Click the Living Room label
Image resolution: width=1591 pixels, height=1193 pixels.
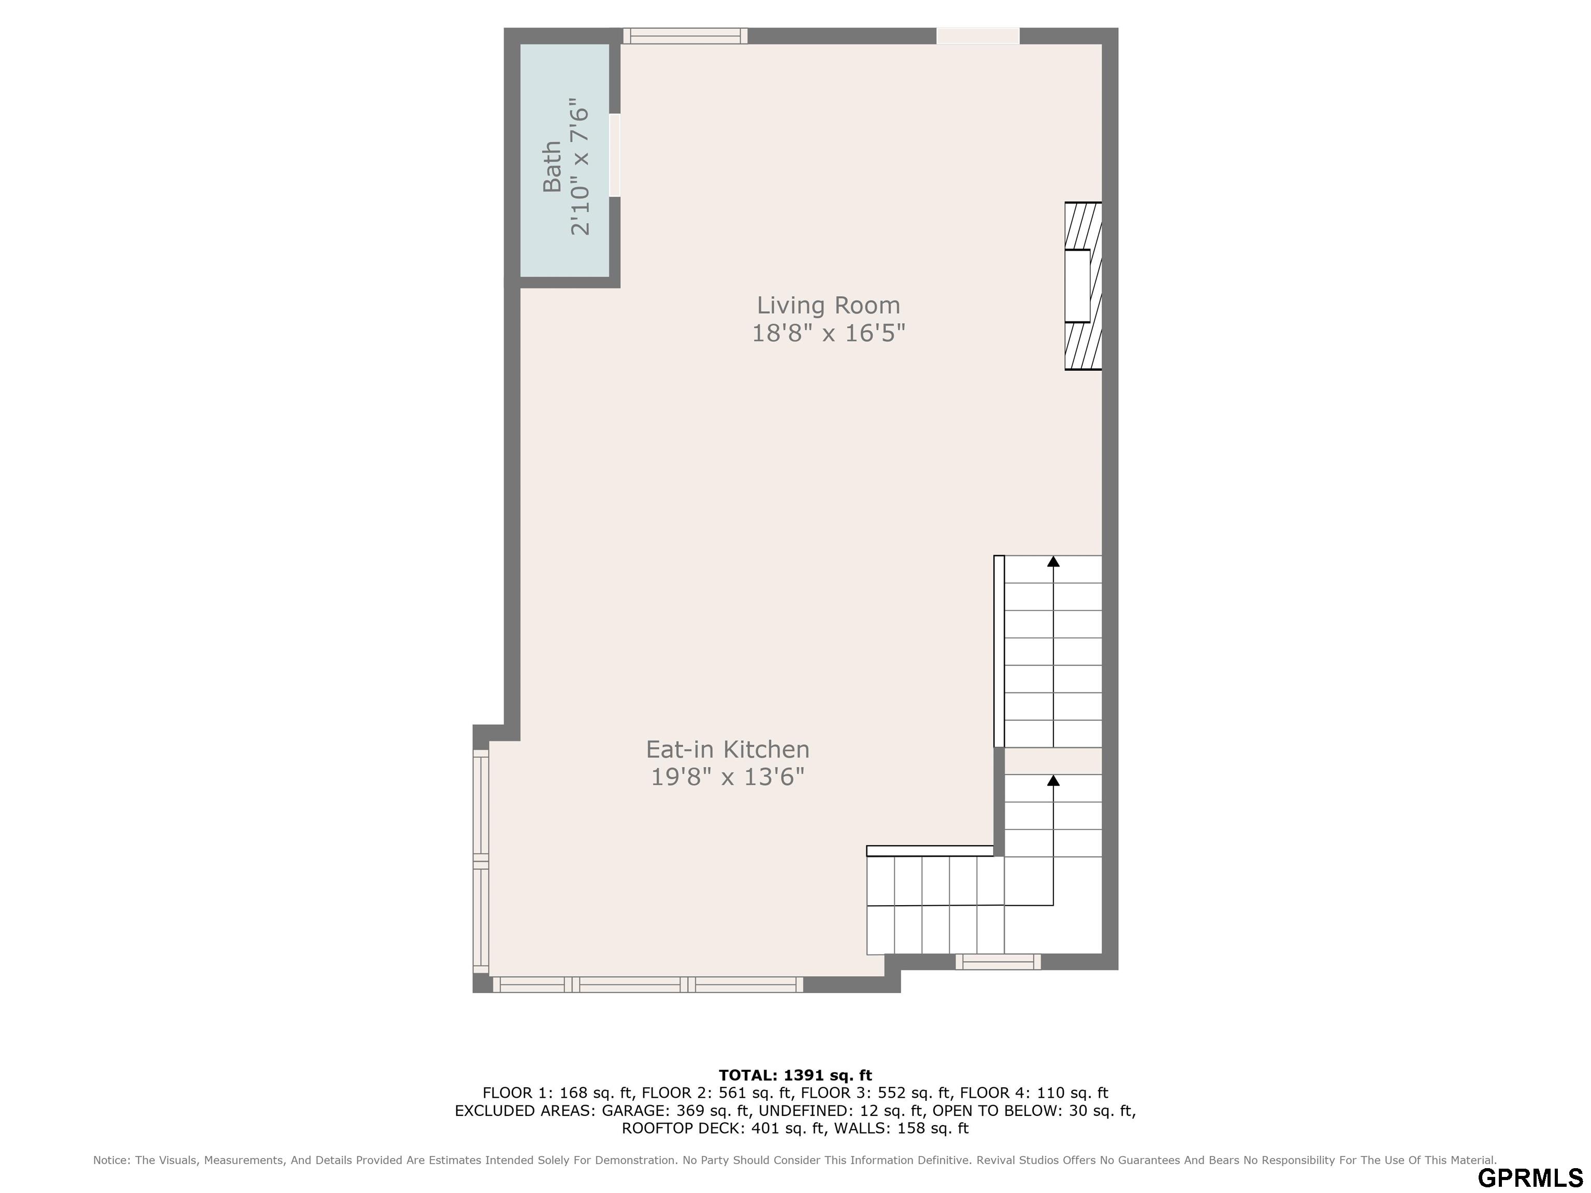[828, 305]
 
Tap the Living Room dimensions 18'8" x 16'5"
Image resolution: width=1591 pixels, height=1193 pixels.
[828, 333]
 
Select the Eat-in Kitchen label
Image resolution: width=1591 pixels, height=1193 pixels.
[727, 749]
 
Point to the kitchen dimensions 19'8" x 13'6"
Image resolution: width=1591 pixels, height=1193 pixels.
[727, 777]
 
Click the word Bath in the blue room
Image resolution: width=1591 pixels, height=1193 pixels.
[552, 167]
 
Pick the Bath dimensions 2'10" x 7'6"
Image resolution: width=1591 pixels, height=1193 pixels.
[579, 167]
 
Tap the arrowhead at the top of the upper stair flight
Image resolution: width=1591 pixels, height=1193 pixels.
[1053, 561]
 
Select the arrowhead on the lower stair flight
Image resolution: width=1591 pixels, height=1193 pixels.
[1053, 780]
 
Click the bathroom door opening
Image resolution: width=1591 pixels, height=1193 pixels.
[615, 155]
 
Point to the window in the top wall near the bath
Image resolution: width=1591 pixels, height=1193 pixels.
[685, 36]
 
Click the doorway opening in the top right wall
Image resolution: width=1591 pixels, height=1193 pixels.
[977, 36]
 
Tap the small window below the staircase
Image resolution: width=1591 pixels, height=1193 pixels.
[997, 962]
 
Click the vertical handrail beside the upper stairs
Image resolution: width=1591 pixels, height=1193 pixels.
[999, 651]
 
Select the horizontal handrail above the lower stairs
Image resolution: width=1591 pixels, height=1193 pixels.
[930, 851]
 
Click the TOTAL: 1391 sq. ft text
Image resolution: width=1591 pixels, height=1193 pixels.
[795, 1075]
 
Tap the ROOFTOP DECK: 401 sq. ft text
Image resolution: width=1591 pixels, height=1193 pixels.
[723, 1128]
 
